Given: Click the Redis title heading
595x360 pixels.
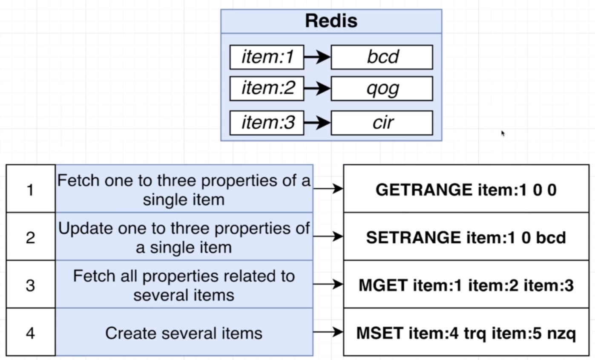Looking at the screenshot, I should (331, 21).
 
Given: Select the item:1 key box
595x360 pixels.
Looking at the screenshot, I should (267, 57).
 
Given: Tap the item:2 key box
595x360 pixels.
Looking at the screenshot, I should (267, 89).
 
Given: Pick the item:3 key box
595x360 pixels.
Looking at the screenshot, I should (267, 123).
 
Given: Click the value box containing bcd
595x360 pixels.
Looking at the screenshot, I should (382, 57).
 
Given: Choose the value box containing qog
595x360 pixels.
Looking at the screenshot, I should (382, 89).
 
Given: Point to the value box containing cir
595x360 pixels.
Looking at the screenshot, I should (382, 123).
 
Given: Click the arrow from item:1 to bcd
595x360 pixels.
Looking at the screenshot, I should (317, 57).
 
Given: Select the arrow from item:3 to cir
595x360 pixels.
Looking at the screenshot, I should (317, 123).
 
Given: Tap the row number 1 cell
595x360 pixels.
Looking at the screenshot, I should (30, 189).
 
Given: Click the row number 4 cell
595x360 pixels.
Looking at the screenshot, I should (30, 332).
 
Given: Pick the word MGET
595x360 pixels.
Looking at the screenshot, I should (383, 285).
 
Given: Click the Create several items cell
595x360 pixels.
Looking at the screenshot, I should (184, 332).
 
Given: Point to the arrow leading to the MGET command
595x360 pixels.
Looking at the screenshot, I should (328, 285).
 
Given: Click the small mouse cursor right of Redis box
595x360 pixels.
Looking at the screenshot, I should (503, 133).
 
